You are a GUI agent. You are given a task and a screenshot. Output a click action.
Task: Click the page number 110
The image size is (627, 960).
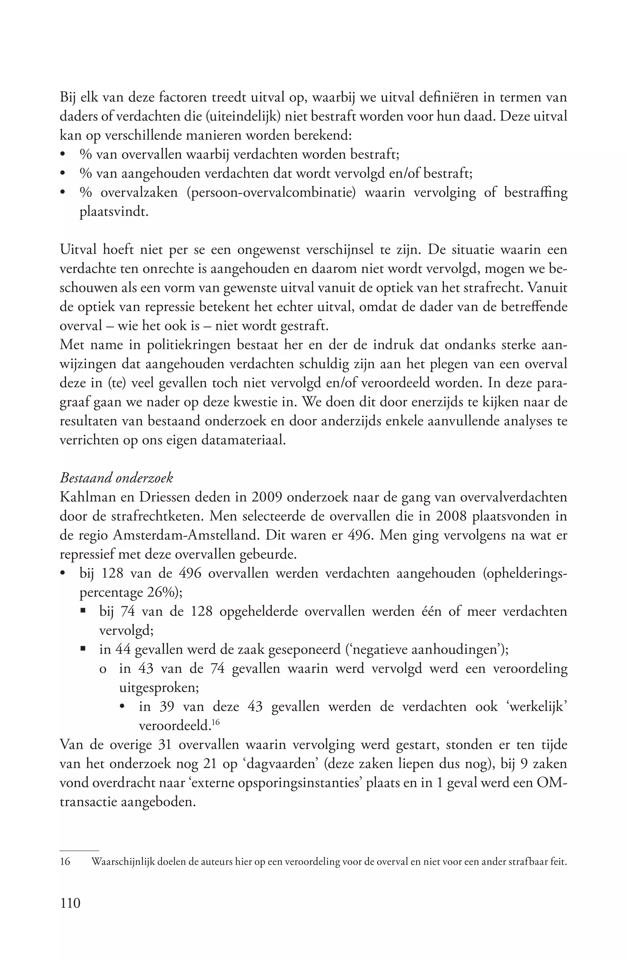tap(70, 903)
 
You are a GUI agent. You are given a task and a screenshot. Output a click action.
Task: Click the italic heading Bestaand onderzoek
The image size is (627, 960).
tap(116, 478)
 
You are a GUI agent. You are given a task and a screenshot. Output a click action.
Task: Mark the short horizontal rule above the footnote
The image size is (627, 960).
tap(79, 850)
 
